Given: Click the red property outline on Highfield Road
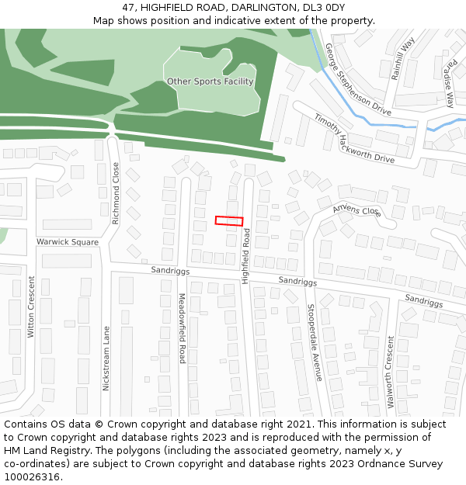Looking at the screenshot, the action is [229, 221].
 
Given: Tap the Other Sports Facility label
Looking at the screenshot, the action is [210, 81].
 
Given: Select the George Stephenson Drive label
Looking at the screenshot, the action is [358, 80].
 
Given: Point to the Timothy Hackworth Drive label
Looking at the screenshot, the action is [354, 138].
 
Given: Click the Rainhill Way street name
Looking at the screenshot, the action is [403, 57].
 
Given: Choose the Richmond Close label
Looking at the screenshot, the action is [116, 193].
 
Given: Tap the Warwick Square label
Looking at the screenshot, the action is [68, 242].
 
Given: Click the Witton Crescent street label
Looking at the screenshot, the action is [32, 307].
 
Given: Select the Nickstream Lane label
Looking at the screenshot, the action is [106, 359].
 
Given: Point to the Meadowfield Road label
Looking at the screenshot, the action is [182, 328].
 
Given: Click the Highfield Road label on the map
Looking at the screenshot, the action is [245, 257].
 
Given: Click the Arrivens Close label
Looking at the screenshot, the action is [356, 210].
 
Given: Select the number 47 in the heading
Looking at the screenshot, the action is [128, 7].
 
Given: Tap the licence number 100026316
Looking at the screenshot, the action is [31, 476].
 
